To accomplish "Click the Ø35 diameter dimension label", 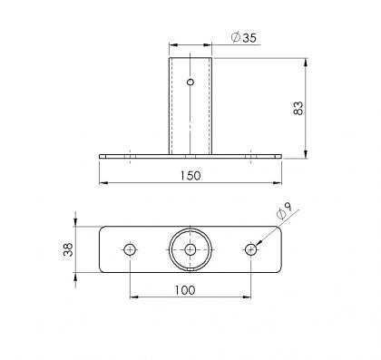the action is pos(244,38).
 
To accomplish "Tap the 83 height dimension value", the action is pos(298,108).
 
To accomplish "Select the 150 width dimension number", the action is pos(190,176).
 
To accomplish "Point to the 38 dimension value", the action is pos(68,249).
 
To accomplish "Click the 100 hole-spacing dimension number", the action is pos(185,290).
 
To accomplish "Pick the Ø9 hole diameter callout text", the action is pos(284,210).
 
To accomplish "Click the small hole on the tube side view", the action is pos(190,82).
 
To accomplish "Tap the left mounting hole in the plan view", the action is pos(130,249).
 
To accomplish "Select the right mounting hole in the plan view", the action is pos(250,249).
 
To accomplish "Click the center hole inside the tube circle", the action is pos(190,249).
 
